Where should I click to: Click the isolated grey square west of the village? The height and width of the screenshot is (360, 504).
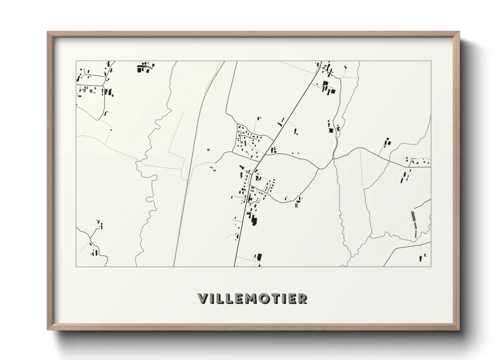(x=208, y=149)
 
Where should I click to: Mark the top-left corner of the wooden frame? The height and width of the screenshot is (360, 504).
(x=48, y=32)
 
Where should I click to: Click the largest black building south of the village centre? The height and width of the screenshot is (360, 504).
(x=254, y=220)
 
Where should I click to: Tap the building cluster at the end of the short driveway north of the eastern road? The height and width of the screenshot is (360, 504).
(x=387, y=142)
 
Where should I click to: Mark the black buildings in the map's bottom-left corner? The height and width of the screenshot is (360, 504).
(x=94, y=252)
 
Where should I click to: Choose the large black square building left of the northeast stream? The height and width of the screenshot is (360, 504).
(x=330, y=130)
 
